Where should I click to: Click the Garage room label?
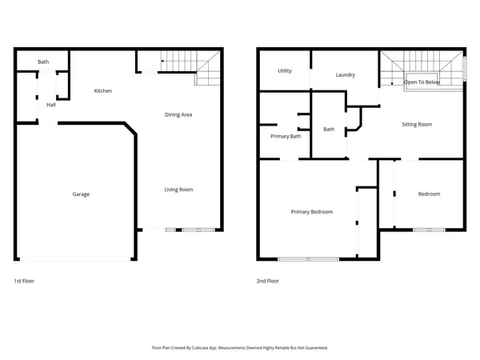point(81,194)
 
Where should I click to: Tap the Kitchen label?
point(103,91)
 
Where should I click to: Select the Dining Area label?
point(178,114)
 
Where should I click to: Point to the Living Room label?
point(178,190)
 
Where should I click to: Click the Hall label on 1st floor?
point(51,105)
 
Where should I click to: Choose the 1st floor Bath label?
point(43,62)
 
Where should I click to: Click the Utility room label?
point(285,71)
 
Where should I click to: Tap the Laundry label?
point(345,75)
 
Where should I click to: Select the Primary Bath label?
point(286,136)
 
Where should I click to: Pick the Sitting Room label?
point(416,124)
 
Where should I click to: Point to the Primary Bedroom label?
point(311,211)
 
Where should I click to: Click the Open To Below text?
point(422,82)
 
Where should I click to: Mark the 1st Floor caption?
point(24,282)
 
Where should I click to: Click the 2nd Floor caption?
point(267,282)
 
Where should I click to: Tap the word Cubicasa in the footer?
point(210,348)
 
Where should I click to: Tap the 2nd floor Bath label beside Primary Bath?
point(328,129)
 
